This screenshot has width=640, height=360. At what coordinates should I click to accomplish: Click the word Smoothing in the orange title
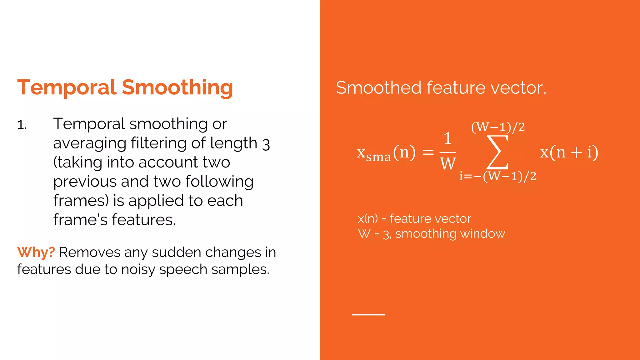point(177,88)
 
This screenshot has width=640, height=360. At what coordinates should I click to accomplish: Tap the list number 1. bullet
point(22,125)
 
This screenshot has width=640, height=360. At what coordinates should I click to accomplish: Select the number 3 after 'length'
point(266,144)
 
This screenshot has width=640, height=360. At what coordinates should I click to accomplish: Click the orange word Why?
point(36,252)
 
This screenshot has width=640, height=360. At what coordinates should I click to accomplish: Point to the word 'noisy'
point(138,270)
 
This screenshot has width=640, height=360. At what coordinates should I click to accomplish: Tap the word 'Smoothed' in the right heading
point(379,87)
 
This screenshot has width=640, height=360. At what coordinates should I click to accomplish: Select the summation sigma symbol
point(497,152)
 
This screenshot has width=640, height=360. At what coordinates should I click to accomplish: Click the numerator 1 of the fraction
point(448,138)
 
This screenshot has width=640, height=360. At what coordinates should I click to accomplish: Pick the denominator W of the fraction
point(448,163)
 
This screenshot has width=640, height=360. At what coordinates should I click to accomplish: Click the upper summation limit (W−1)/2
point(498,127)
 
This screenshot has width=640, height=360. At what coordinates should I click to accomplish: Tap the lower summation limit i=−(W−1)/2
point(498,176)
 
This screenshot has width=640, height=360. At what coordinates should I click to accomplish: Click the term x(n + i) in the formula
point(569,152)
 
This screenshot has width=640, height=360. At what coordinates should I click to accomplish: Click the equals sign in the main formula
point(428,152)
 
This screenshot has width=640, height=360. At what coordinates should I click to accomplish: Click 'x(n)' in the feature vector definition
point(368,219)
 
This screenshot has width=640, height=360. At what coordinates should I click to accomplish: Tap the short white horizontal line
point(368,314)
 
